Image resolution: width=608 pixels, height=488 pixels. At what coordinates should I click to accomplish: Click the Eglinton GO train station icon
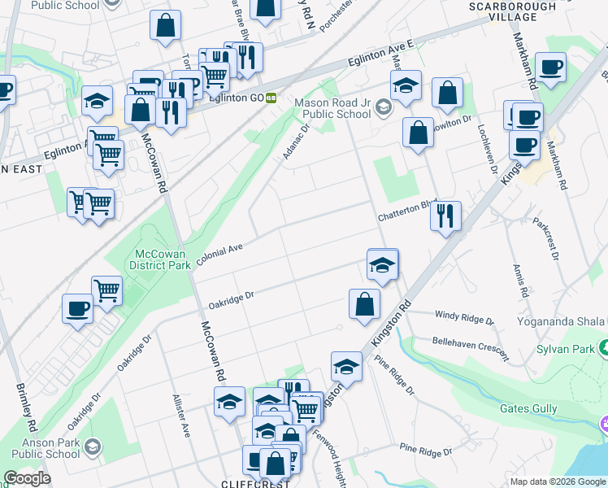[x=271, y=98]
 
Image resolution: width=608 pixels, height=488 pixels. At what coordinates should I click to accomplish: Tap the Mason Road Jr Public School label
[x=332, y=109]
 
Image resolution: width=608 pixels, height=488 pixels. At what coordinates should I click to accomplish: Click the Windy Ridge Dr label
[x=464, y=317]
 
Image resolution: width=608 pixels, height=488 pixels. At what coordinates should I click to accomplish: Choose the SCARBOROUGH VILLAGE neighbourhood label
[x=503, y=11]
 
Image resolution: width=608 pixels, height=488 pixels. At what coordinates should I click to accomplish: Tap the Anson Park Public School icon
[x=93, y=448]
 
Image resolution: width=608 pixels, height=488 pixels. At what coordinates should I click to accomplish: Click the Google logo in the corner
[x=27, y=478]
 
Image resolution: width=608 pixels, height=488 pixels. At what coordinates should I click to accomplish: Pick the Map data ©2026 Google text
[x=557, y=481]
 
